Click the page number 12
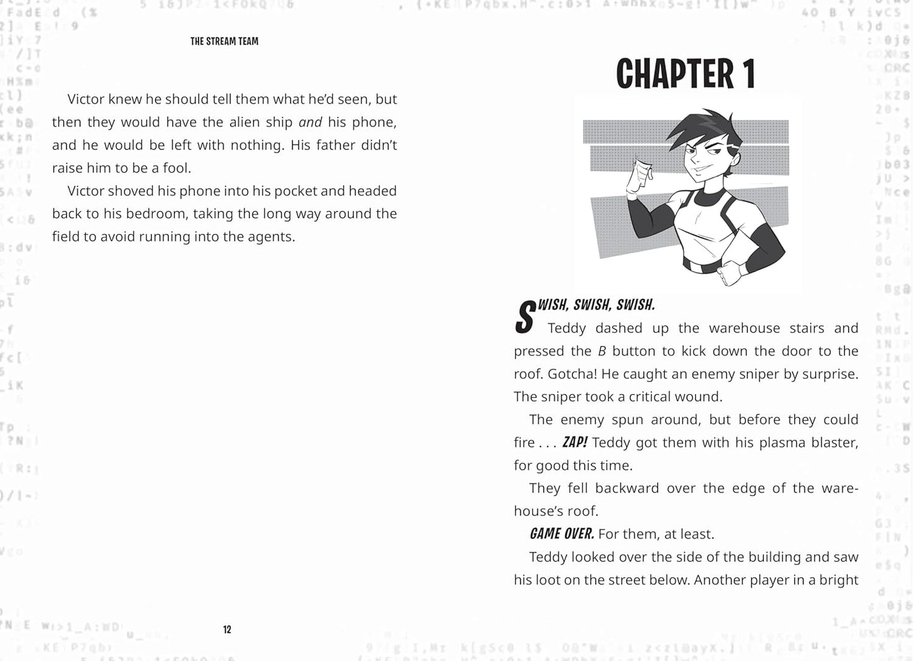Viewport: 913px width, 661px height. click(227, 629)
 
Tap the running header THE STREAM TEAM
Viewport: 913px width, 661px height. click(224, 42)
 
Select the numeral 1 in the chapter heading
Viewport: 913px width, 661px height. click(748, 74)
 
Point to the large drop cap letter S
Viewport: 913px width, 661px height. click(525, 318)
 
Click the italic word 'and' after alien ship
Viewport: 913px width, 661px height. click(310, 122)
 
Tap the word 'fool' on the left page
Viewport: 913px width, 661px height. click(176, 168)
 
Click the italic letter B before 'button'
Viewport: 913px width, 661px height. click(602, 351)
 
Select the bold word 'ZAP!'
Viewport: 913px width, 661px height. click(574, 443)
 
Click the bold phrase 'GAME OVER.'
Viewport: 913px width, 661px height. click(561, 534)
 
